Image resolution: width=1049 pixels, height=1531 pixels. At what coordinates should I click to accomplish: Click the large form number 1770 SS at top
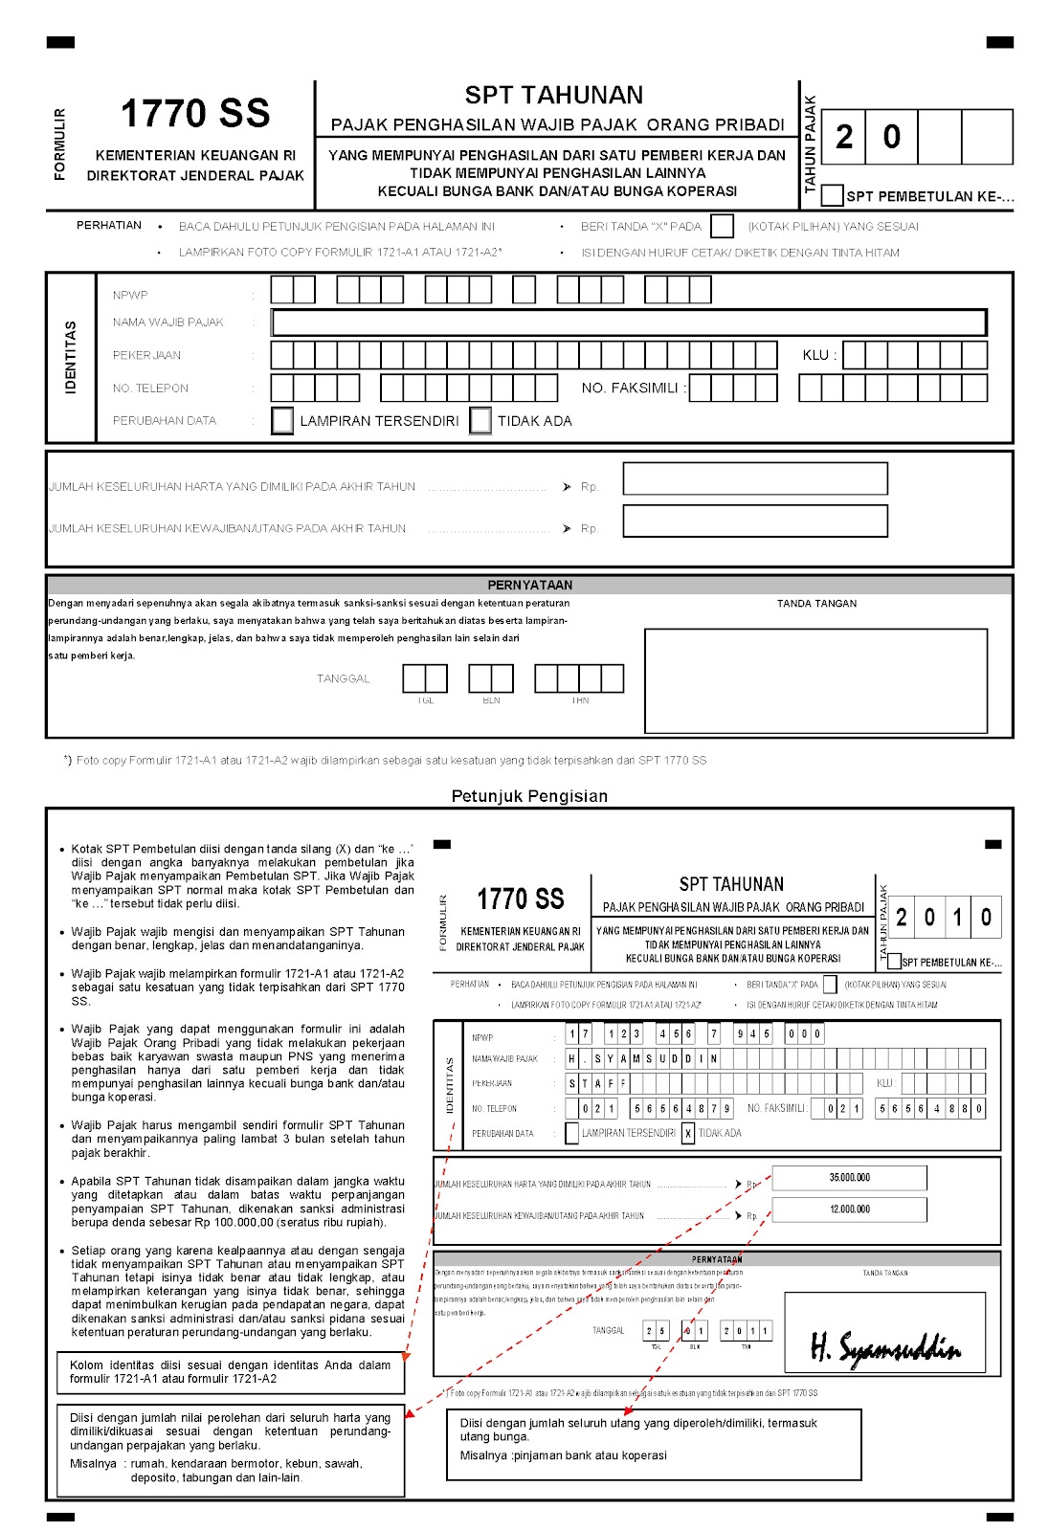click(195, 114)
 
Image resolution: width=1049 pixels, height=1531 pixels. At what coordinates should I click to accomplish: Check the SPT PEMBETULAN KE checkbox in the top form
click(832, 195)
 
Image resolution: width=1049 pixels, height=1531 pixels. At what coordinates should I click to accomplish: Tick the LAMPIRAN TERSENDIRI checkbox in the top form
click(282, 421)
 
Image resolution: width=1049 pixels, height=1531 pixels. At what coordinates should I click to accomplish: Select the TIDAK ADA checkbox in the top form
click(480, 421)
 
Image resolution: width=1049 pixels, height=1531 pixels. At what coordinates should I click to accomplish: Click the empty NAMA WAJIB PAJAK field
click(629, 322)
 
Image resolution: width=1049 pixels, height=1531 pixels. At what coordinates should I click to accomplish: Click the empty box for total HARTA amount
click(754, 478)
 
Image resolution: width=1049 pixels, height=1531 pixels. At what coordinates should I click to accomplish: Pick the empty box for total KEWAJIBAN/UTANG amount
click(754, 521)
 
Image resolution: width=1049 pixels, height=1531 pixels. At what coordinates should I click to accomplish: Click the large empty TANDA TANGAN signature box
click(815, 680)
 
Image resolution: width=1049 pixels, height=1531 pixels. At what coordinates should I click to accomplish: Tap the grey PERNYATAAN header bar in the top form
click(529, 585)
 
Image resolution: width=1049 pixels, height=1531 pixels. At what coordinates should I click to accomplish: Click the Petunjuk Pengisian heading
click(529, 796)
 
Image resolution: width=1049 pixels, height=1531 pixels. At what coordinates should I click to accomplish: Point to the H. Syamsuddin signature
click(884, 1347)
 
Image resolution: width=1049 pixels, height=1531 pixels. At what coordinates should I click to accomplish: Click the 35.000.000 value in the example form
click(849, 1178)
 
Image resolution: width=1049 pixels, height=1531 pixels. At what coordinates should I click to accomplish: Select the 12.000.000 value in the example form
click(849, 1209)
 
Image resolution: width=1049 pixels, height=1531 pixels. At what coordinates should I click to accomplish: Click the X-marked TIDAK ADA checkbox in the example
click(688, 1133)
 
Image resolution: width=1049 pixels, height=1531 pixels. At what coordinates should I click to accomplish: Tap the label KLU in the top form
click(818, 355)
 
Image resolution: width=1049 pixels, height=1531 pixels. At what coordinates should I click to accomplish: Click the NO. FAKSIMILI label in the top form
click(633, 388)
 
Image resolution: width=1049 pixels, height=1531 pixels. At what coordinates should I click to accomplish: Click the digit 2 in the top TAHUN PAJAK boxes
click(844, 137)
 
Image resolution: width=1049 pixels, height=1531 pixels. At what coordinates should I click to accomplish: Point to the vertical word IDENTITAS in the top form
click(71, 357)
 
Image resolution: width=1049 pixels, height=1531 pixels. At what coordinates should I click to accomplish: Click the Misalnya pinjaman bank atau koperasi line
click(563, 1455)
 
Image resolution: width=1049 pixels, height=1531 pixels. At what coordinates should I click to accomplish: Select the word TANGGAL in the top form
click(343, 678)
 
